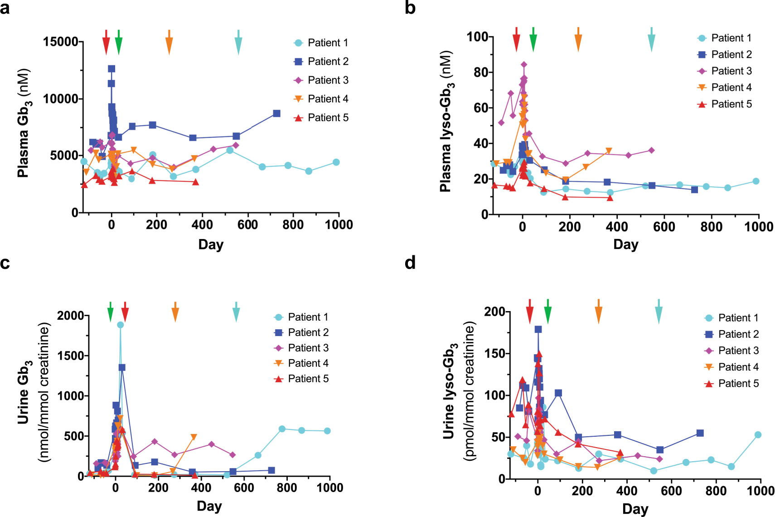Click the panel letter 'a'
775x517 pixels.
pos(5,8)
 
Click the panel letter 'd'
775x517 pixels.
pos(410,263)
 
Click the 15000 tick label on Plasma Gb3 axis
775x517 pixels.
pos(61,42)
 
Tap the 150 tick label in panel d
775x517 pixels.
pos(494,353)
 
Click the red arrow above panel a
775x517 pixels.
pos(106,43)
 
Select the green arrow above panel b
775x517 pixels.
pos(533,40)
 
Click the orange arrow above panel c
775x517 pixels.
pos(175,312)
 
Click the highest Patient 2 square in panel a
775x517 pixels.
pos(111,69)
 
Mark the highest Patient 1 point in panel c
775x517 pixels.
pos(120,325)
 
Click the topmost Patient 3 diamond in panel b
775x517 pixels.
pos(524,64)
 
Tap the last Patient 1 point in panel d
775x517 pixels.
pos(758,435)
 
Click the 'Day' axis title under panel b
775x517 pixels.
pos(625,244)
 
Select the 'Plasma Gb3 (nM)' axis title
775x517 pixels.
pos(24,123)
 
